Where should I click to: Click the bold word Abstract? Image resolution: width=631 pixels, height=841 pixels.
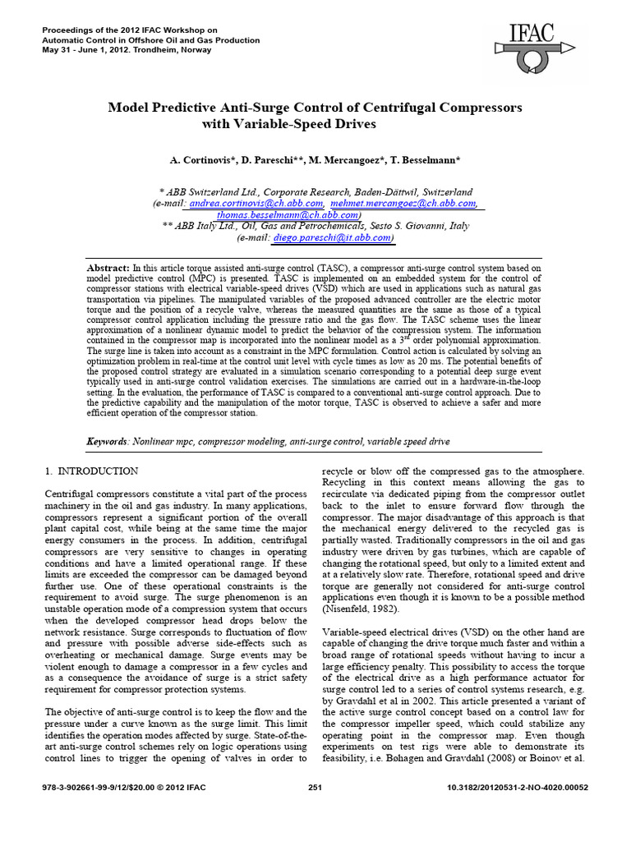[x=108, y=269]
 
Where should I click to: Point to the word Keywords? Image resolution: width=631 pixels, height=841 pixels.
[x=107, y=442]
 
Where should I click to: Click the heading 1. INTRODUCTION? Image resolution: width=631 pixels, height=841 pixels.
[x=90, y=471]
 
